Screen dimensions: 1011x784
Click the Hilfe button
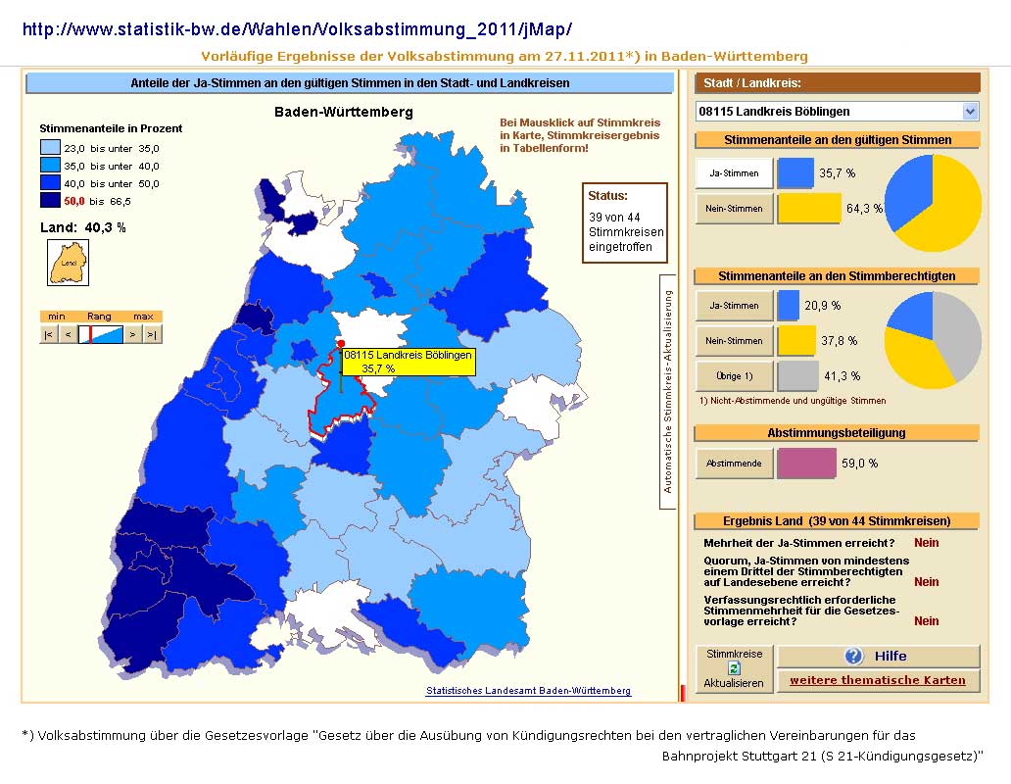[x=878, y=657]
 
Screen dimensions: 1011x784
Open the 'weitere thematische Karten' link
[x=878, y=680]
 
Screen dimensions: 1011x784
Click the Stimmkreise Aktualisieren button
[x=735, y=668]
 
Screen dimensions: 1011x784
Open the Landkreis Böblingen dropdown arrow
[x=970, y=112]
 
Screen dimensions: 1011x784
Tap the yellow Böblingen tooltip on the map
[x=409, y=362]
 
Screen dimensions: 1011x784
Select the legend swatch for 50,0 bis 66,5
[x=50, y=201]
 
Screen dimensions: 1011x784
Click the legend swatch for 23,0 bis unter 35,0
[x=50, y=148]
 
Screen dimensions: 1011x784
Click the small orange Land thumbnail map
[x=68, y=263]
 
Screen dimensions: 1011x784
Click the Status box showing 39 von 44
[x=624, y=223]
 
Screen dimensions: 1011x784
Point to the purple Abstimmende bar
[x=806, y=464]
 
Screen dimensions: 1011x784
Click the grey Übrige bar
[x=797, y=376]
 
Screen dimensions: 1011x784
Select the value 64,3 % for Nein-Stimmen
[x=864, y=208]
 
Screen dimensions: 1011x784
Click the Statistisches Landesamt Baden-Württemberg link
[x=528, y=691]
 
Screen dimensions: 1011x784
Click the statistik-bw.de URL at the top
[x=297, y=29]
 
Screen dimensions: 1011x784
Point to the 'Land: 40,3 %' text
[x=83, y=227]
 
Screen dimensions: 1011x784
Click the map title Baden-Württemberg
[x=344, y=112]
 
